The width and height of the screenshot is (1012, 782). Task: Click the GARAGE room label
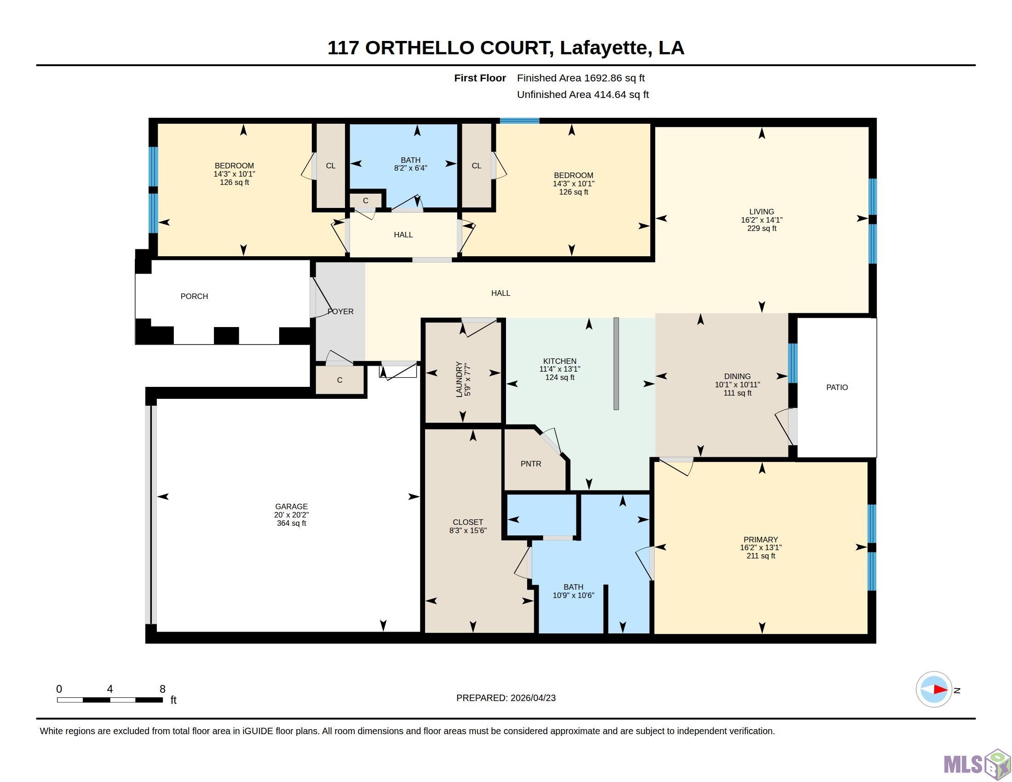(291, 506)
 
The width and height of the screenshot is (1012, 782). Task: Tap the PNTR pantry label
(530, 464)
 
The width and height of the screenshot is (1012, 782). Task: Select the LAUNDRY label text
(459, 379)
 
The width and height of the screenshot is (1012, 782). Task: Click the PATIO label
(837, 387)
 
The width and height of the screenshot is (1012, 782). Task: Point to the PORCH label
(194, 296)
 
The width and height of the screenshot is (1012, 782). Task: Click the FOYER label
(340, 311)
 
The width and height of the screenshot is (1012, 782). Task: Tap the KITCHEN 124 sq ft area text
(560, 378)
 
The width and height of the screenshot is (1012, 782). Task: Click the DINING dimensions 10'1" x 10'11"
(737, 385)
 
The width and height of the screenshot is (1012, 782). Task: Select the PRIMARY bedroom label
(760, 539)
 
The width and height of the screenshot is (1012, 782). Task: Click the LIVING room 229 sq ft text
(762, 229)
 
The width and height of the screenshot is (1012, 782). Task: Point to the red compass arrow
(940, 690)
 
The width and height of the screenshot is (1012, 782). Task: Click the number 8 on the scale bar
(163, 689)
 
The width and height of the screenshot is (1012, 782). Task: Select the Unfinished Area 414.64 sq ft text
(583, 94)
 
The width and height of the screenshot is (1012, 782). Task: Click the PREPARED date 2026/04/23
(533, 698)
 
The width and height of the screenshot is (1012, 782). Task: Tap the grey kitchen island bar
(616, 364)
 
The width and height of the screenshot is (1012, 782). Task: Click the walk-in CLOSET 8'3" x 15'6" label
(468, 526)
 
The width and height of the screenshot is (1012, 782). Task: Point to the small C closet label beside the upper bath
(366, 201)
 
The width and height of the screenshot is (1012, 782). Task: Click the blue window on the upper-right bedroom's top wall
(519, 121)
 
